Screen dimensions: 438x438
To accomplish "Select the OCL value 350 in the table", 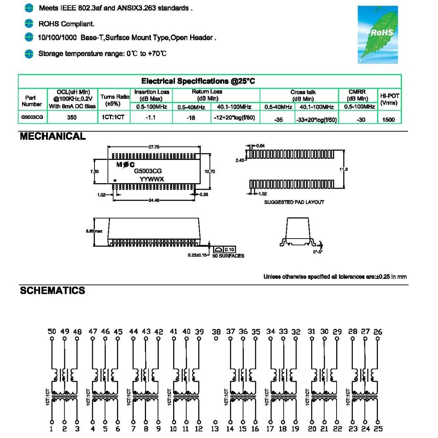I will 72,117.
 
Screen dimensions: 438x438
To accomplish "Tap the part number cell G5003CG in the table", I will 32,117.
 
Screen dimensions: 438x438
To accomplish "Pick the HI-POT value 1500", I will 388,120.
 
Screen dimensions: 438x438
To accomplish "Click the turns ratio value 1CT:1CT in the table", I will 113,117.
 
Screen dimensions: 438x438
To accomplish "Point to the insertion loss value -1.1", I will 151,117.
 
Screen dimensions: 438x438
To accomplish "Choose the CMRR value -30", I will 361,120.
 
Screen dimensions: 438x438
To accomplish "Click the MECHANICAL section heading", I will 53,136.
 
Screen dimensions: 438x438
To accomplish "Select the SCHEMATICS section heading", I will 52,290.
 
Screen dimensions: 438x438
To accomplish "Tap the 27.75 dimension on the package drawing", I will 154,147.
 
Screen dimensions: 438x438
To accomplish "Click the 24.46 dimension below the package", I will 154,200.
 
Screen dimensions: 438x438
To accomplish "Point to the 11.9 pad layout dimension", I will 344,169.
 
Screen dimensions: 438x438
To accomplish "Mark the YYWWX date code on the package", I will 152,179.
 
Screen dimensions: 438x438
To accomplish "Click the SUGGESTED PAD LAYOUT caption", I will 294,202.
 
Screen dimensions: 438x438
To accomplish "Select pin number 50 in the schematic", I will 52,331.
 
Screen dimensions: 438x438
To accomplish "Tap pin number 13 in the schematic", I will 215,429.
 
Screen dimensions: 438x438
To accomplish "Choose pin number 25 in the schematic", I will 378,429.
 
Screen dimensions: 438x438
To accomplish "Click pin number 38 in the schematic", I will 216,332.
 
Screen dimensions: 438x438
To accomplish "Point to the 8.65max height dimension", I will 94,231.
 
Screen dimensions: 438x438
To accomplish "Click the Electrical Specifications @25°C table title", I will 198,81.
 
